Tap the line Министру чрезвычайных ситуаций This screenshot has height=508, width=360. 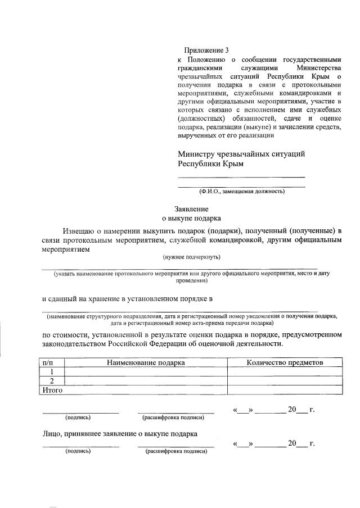pos(241,154)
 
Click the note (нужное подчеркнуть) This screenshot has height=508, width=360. pos(192,257)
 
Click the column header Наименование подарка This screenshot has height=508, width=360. pos(146,362)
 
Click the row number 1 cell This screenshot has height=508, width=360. pos(52,371)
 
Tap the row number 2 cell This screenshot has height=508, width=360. pos(52,380)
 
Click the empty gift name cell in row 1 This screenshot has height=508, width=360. pos(146,371)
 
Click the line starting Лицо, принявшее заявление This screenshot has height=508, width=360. pos(120,433)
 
